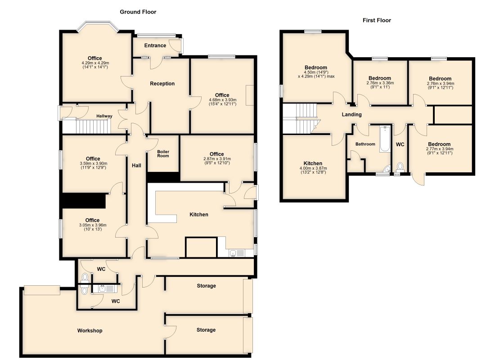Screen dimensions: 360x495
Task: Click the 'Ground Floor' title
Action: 138,12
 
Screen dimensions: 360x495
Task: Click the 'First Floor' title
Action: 377,20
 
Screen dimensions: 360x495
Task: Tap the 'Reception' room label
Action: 162,84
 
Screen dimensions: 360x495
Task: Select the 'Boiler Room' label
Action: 163,153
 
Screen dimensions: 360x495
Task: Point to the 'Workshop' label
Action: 90,331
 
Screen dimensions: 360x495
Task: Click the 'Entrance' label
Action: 155,45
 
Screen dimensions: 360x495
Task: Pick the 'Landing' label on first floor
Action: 351,115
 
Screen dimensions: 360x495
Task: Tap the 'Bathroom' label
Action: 365,144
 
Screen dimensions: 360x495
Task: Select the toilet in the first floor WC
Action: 400,167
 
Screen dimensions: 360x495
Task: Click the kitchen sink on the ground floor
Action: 234,253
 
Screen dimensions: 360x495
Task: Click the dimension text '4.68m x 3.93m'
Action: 222,100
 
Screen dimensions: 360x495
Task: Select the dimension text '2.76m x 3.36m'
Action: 380,83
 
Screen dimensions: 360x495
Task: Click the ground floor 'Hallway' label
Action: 104,116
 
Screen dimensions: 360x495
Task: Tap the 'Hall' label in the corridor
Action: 136,166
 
